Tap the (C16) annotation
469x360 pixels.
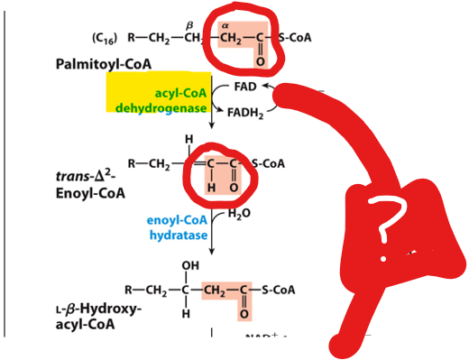pos(106,38)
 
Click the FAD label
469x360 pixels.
pos(245,88)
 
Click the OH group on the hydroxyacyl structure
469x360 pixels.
pos(189,266)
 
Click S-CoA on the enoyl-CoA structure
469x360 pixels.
pos(268,163)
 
